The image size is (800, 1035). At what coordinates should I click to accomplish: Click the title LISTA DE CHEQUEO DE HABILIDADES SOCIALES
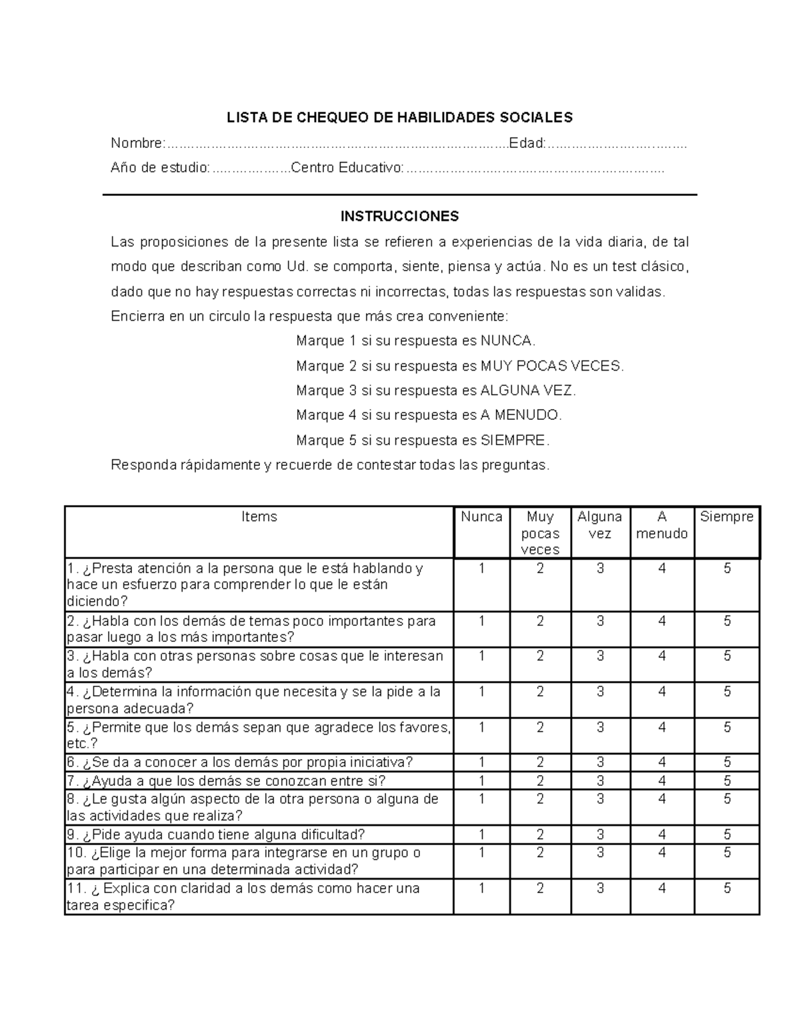pyautogui.click(x=399, y=118)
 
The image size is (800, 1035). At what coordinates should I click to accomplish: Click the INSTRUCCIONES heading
pyautogui.click(x=399, y=217)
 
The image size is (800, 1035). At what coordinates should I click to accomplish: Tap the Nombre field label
pyautogui.click(x=137, y=143)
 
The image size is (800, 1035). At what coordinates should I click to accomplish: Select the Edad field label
pyautogui.click(x=527, y=143)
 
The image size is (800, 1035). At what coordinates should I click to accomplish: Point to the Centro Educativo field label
pyautogui.click(x=347, y=168)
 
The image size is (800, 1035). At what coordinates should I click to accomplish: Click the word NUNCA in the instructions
pyautogui.click(x=507, y=341)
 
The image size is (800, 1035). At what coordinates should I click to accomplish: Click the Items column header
pyautogui.click(x=259, y=517)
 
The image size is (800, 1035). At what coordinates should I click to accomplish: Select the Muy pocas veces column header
pyautogui.click(x=540, y=533)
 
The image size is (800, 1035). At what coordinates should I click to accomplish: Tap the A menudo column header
pyautogui.click(x=661, y=525)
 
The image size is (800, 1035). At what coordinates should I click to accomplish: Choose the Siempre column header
pyautogui.click(x=727, y=517)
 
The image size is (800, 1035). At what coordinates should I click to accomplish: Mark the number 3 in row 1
pyautogui.click(x=600, y=568)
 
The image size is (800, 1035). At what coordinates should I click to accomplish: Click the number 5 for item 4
pyautogui.click(x=727, y=692)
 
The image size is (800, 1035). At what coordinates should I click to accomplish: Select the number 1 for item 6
pyautogui.click(x=481, y=762)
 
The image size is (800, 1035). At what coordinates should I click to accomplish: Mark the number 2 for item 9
pyautogui.click(x=540, y=834)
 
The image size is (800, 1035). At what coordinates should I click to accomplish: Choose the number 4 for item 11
pyautogui.click(x=661, y=888)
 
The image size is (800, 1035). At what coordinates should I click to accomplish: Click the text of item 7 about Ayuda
pyautogui.click(x=227, y=781)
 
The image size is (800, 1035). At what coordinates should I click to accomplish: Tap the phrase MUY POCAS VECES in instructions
pyautogui.click(x=551, y=366)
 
